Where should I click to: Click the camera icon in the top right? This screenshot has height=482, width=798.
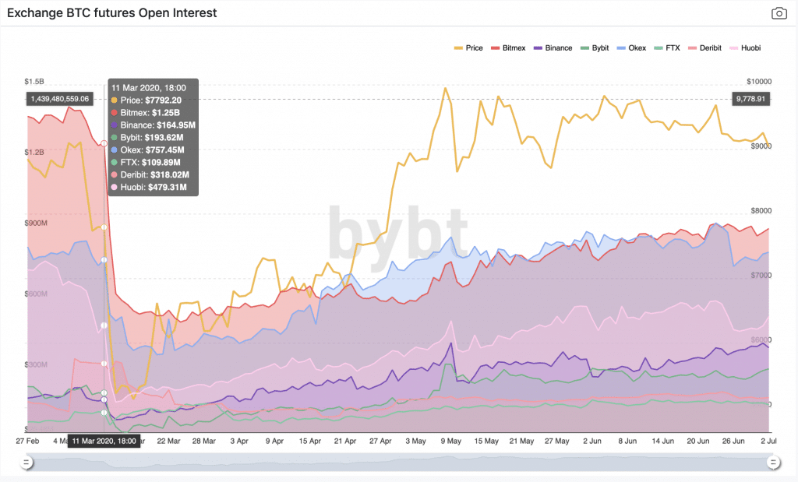[779, 13]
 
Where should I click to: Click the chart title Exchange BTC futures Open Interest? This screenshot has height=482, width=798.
[111, 13]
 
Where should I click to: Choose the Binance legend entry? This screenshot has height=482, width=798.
[552, 48]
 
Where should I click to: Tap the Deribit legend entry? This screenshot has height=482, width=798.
[705, 48]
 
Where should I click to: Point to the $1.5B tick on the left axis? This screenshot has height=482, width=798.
[34, 81]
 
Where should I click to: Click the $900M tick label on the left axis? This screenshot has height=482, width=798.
[36, 223]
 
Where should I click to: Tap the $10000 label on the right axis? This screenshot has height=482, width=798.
[758, 82]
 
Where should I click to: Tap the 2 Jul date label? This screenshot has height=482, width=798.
[768, 441]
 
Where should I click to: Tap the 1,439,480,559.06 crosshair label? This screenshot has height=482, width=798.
[59, 99]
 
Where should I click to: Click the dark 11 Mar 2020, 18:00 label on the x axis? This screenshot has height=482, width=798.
[104, 441]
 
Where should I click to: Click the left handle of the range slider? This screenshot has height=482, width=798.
[26, 463]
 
